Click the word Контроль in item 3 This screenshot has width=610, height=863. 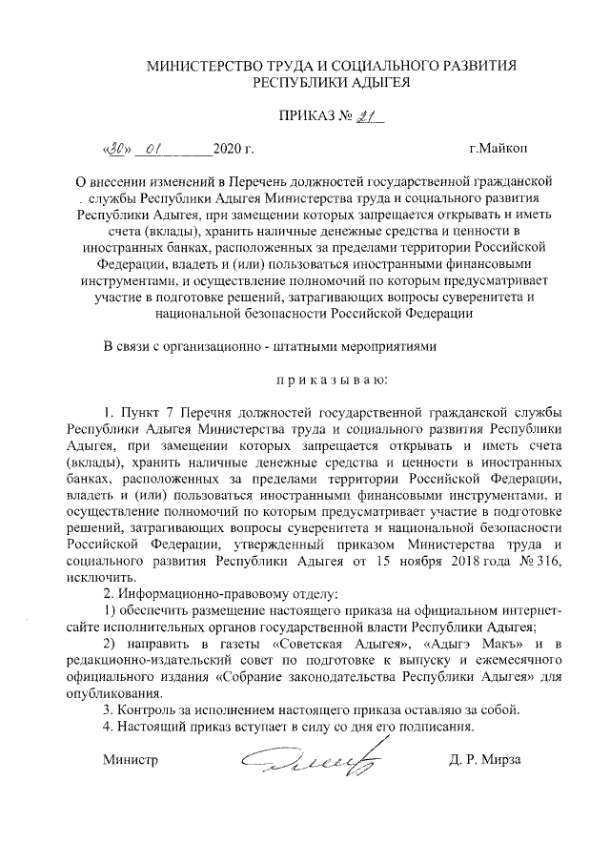145,710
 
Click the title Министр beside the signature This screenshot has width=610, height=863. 129,761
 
